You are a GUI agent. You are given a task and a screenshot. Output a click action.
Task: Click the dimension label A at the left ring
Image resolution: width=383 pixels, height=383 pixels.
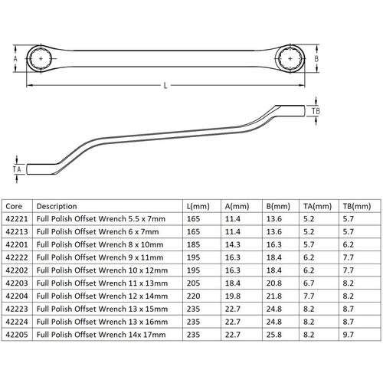coord(15,59)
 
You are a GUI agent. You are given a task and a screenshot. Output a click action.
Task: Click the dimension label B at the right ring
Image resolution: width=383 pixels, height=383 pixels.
coord(316,59)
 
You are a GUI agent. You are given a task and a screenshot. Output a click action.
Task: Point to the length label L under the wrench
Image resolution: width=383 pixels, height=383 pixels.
coord(165,86)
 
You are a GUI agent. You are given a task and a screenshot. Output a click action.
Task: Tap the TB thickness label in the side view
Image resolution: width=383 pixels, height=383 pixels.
coord(316,111)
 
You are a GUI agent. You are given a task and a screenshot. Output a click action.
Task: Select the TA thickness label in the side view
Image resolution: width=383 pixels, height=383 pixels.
coord(17,169)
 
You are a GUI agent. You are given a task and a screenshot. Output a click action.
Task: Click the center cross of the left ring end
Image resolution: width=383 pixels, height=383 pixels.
coord(41,59)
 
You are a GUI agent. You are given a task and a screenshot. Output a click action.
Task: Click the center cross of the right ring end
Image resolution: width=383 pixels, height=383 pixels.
coord(290,59)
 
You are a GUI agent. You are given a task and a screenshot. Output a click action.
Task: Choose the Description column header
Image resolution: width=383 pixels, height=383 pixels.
coord(57,206)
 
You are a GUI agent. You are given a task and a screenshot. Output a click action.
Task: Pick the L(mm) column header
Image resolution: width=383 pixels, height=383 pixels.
coord(198,206)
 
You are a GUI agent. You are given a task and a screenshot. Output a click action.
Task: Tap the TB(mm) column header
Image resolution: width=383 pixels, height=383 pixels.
coord(357,206)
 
